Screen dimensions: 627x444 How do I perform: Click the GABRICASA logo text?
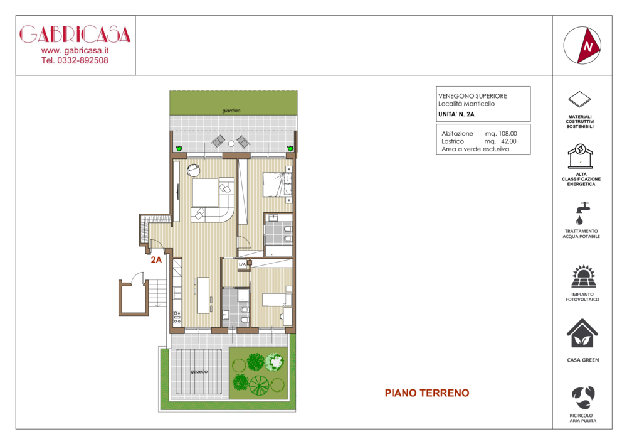(x=75, y=35)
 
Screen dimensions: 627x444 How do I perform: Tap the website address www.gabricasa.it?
(x=75, y=51)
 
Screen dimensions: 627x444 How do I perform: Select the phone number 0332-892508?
(x=83, y=60)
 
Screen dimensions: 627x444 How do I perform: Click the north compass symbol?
(x=582, y=45)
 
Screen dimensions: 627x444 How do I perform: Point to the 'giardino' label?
(x=231, y=111)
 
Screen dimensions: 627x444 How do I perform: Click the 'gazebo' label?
(x=199, y=372)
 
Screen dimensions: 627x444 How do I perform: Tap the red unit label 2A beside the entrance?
(x=156, y=260)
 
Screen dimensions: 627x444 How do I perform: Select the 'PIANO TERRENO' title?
(x=426, y=393)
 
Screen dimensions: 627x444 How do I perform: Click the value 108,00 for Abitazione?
(x=508, y=133)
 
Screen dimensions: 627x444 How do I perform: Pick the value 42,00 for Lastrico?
(x=508, y=141)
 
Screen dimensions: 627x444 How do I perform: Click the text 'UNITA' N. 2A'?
(x=456, y=114)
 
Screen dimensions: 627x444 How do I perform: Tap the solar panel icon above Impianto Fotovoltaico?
(x=583, y=276)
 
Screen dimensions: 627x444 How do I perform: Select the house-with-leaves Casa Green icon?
(x=582, y=333)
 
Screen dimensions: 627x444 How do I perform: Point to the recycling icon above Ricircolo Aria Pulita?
(x=583, y=398)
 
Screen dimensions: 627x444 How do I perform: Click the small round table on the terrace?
(x=231, y=143)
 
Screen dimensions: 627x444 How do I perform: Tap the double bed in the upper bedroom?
(x=277, y=185)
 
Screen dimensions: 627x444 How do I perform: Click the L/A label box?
(x=242, y=264)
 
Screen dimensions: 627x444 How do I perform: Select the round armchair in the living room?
(x=194, y=170)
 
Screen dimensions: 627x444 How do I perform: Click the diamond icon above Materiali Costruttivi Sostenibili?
(x=579, y=99)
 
